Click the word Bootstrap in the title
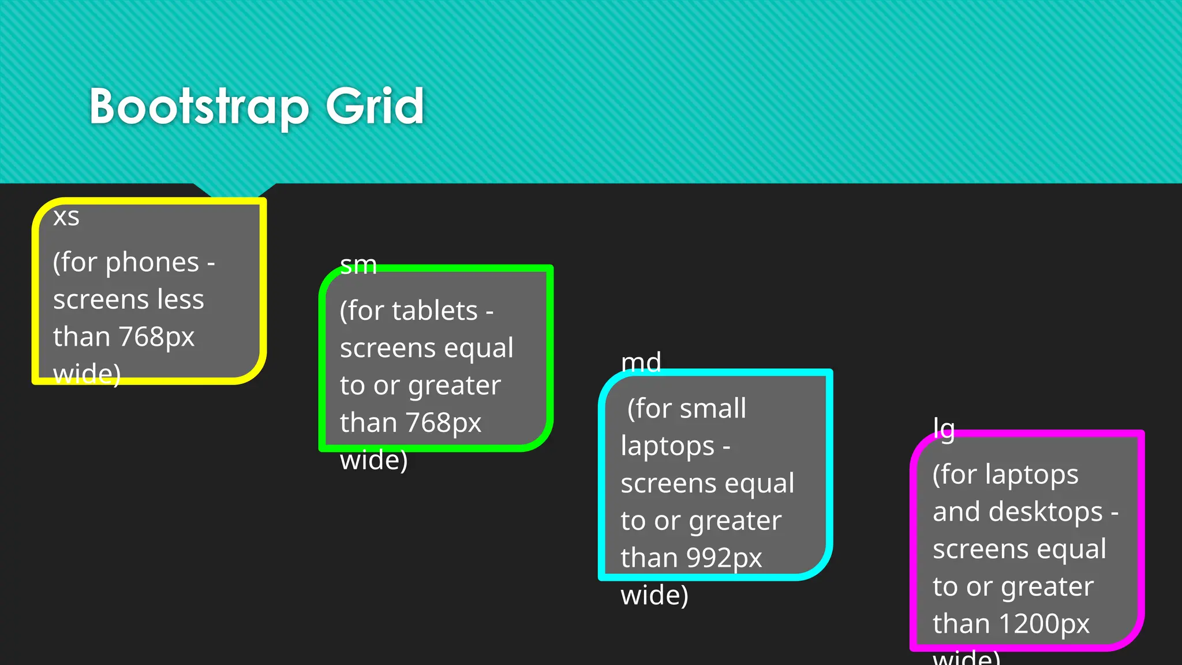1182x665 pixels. click(199, 107)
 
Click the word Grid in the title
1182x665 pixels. click(375, 106)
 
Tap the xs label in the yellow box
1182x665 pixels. click(66, 218)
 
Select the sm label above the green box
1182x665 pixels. click(358, 266)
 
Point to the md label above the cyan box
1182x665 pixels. click(641, 363)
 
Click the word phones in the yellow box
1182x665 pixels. click(152, 263)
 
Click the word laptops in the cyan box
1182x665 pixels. click(667, 447)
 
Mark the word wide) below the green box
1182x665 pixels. click(373, 460)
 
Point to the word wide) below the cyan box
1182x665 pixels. click(654, 595)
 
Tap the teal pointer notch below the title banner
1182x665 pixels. click(234, 190)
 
